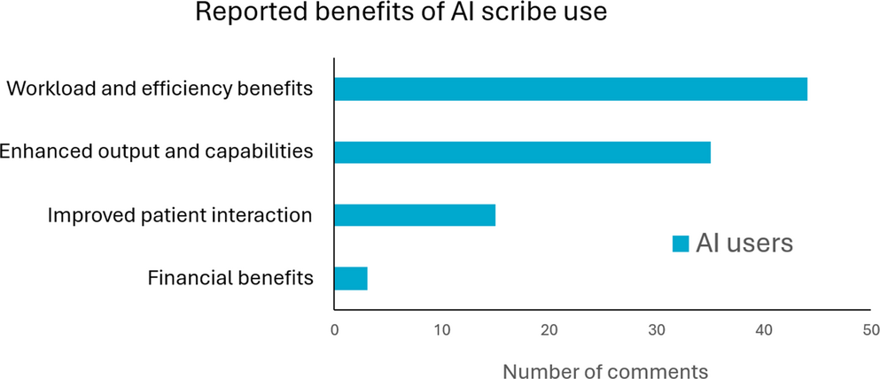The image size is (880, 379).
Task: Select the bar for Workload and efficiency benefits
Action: point(570,89)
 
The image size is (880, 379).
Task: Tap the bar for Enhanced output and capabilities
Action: point(522,151)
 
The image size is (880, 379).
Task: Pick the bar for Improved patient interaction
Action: point(414,215)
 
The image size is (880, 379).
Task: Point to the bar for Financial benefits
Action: point(350,279)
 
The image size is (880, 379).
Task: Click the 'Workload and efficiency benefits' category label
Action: point(160,89)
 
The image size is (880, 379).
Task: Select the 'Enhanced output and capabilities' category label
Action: point(156,151)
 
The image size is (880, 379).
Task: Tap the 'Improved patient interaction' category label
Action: point(180,215)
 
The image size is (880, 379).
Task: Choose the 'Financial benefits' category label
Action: point(230,279)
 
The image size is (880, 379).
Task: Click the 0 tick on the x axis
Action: point(334,330)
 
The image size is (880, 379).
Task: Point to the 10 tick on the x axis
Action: point(442,330)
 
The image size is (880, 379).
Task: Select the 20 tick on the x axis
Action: point(549,330)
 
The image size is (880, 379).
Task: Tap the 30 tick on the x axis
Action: point(657,330)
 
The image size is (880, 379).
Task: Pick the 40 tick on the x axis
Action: point(764,330)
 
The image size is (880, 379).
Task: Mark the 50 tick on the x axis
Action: point(871,330)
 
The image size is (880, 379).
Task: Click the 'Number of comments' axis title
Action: point(605,368)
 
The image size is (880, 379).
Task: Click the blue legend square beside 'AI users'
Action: point(680,244)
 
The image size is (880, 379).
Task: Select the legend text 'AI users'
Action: point(744,243)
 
